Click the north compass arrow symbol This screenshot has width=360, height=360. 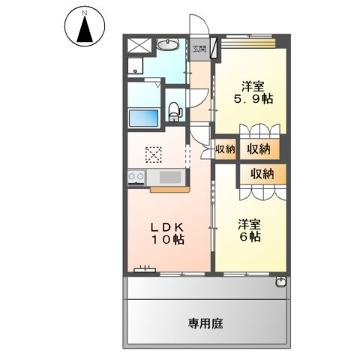click(84, 30)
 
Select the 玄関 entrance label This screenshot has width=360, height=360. click(199, 49)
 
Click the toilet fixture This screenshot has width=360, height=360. click(175, 111)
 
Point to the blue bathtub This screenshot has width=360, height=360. click(144, 118)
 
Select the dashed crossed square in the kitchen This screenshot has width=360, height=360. click(154, 154)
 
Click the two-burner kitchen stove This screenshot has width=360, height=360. click(136, 177)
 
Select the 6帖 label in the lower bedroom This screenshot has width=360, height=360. click(250, 236)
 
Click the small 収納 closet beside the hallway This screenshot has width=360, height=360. click(225, 149)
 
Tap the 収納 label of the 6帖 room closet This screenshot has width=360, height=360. click(262, 173)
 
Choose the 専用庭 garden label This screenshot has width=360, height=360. click(206, 324)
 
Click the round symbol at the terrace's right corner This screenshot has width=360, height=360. click(280, 282)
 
